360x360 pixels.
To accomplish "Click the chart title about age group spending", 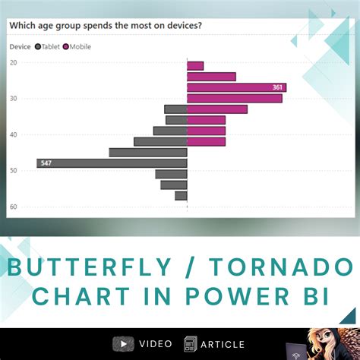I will point(106,25).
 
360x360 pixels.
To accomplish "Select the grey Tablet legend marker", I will point(38,46).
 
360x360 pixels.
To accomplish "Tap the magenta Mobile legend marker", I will point(67,46).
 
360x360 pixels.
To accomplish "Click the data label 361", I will point(277,87).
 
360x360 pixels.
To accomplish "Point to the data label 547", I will point(46,163).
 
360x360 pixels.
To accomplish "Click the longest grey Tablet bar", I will point(112,163).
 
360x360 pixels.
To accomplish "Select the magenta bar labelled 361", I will point(236,87).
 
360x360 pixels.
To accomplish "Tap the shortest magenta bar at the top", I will point(195,66).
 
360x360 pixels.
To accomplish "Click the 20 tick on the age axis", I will point(13,62).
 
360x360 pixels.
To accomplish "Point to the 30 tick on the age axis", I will point(13,99).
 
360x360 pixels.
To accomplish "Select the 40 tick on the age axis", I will point(13,134).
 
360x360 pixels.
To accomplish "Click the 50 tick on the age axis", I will point(13,171).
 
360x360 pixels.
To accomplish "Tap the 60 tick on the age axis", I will point(13,207).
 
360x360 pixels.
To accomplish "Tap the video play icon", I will point(120,344).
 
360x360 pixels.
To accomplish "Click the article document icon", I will point(190,344).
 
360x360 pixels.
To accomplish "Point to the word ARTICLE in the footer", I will point(223,344).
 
